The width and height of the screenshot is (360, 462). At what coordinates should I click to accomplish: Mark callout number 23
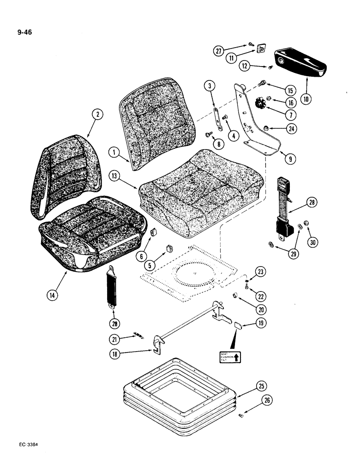[x=261, y=272]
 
